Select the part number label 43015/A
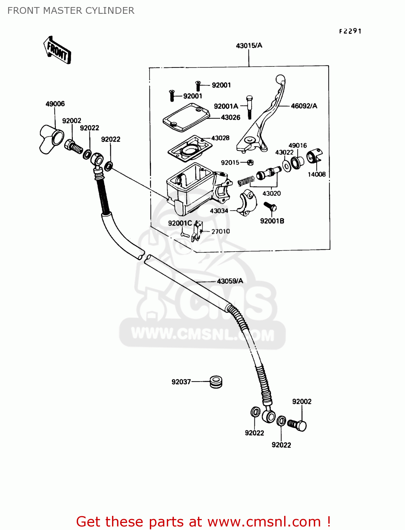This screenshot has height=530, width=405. click(249, 46)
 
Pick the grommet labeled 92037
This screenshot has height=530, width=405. click(216, 382)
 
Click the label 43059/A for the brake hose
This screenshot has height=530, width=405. click(230, 281)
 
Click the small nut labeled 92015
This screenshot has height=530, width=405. click(250, 163)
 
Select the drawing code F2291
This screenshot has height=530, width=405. click(350, 31)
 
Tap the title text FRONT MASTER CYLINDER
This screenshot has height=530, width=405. click(71, 11)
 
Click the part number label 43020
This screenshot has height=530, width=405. click(271, 193)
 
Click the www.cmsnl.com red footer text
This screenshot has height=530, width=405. click(264, 522)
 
